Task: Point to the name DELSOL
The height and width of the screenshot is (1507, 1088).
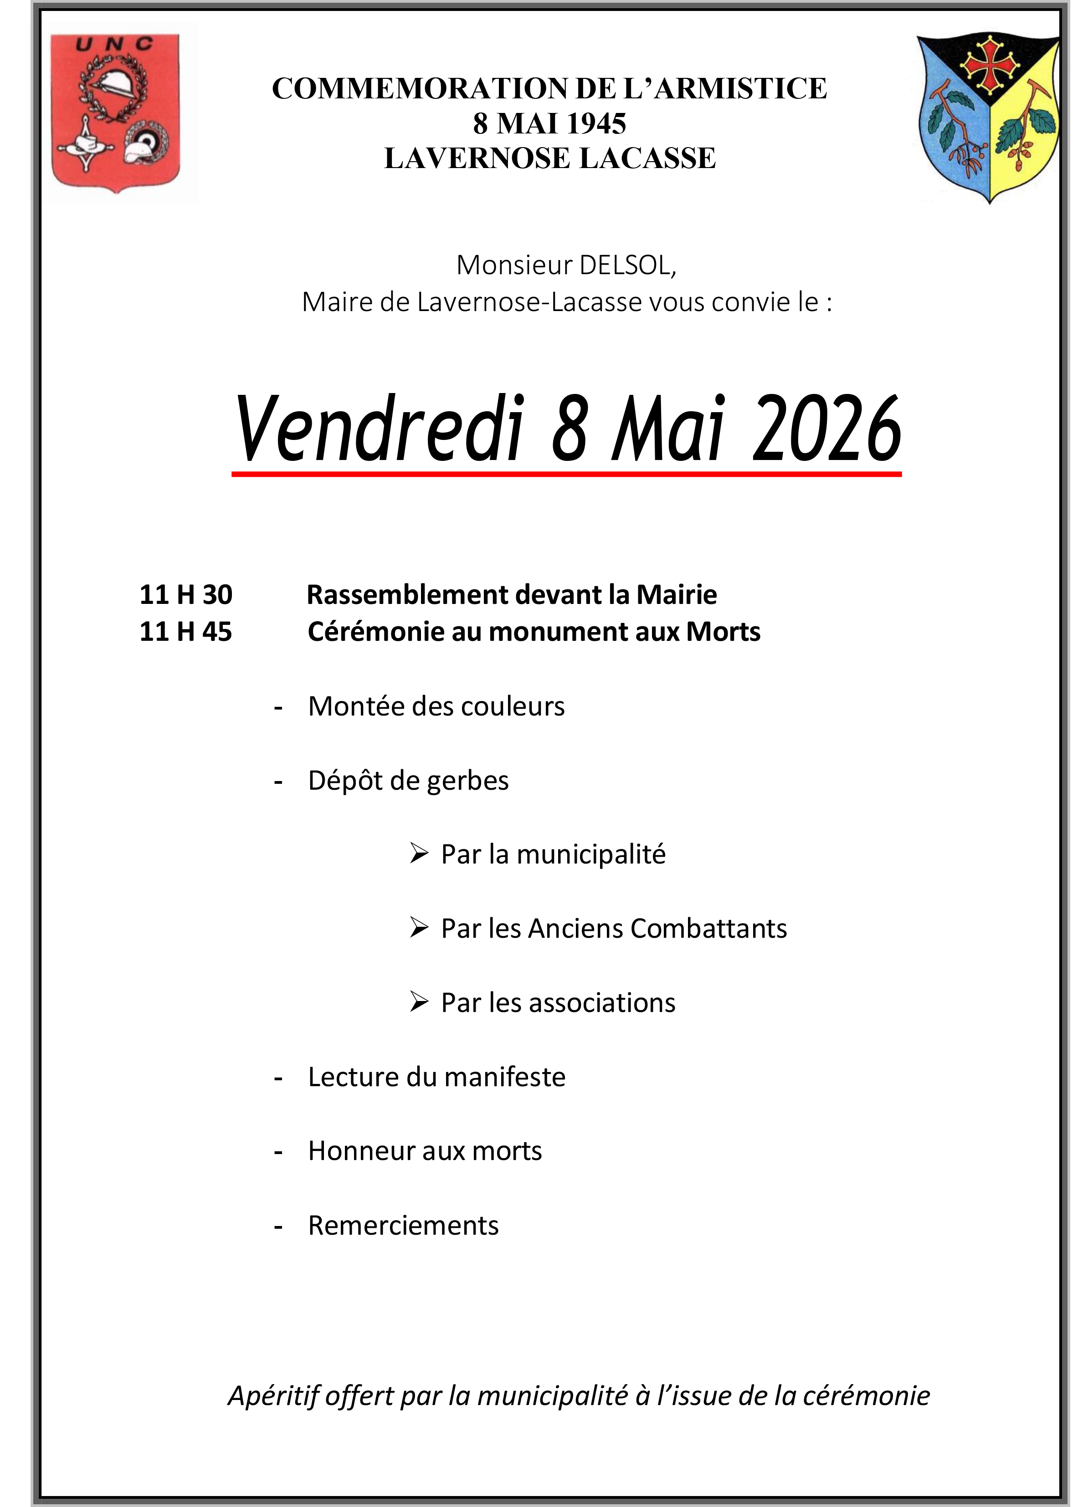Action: [627, 265]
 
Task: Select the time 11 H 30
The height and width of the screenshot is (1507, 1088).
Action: [186, 595]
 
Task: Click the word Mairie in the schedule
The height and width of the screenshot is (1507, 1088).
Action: [677, 595]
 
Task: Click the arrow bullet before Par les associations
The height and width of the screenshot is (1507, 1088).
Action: [419, 1001]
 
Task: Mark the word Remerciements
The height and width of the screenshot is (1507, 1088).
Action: [403, 1225]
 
